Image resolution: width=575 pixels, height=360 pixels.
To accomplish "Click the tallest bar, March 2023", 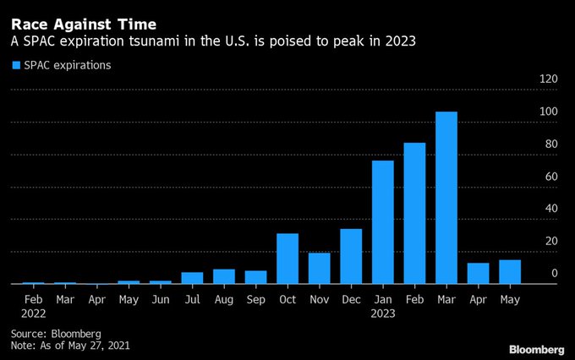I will [x=446, y=198].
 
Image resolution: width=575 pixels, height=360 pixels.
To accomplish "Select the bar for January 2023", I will [x=383, y=222].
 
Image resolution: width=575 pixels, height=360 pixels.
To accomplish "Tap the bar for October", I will [x=287, y=259].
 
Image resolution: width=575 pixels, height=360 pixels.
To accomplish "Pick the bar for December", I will [x=351, y=256].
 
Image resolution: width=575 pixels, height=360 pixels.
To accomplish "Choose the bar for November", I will [x=320, y=268].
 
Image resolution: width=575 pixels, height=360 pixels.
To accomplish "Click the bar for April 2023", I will [x=479, y=273].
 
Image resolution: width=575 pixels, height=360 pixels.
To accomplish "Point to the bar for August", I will [x=224, y=276].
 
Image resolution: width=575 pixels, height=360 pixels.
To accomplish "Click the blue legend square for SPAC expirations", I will [x=15, y=65].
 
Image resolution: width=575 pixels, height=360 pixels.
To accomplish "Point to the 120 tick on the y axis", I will [x=548, y=79].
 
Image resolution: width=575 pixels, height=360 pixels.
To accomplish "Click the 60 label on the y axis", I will [x=550, y=177].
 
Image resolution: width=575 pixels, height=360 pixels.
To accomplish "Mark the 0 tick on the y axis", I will [x=554, y=273].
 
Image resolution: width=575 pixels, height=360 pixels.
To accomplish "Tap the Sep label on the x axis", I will [x=255, y=298].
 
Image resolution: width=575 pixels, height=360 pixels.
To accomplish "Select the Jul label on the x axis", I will [x=192, y=298].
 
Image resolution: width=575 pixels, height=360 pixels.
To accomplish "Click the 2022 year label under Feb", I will [x=33, y=313].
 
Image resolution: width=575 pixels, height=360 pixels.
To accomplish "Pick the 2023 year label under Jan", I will [x=383, y=313].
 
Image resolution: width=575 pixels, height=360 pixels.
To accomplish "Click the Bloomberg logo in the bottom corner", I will [x=536, y=349].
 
